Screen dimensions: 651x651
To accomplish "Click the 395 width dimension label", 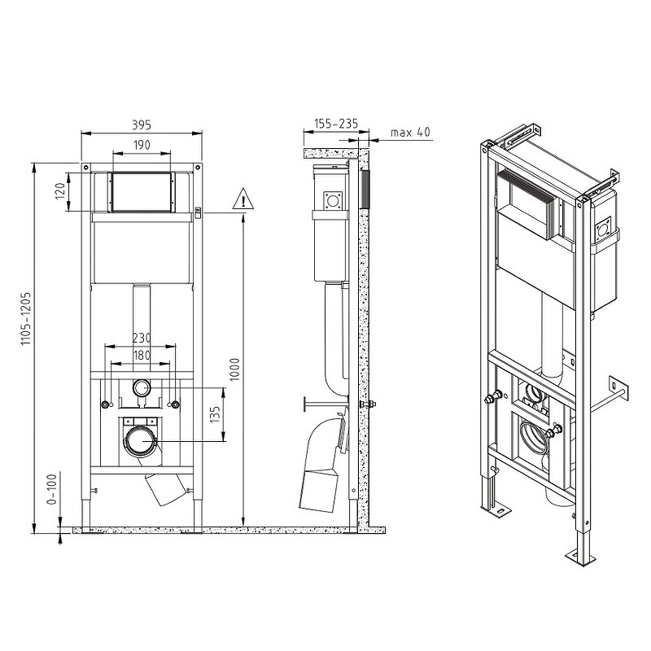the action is (142, 125).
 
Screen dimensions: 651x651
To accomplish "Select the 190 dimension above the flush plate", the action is (142, 145).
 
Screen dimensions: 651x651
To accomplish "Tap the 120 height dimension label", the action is (60, 191).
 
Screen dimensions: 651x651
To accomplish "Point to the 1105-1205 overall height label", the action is (26, 319).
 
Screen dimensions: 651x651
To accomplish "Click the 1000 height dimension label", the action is (235, 369).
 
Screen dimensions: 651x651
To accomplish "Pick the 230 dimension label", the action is (142, 338).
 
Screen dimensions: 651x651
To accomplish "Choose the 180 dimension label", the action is (142, 356).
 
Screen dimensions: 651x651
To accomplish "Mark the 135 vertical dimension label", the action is (215, 415).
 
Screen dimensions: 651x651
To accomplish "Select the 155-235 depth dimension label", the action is (336, 124).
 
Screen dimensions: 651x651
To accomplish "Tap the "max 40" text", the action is (410, 133).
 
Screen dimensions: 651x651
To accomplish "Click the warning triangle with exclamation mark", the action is (242, 199).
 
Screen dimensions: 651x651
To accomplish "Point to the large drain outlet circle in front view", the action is (141, 440).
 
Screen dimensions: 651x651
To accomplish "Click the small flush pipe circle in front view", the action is (142, 388).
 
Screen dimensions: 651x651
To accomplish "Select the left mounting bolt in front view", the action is (106, 404).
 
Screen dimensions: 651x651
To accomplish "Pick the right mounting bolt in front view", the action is (176, 404).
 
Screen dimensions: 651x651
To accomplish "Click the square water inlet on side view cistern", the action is (333, 201).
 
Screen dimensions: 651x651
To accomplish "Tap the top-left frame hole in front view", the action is (86, 168).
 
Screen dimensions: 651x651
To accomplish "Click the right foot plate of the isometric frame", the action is (580, 557).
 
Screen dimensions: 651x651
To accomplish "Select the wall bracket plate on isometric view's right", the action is (618, 389).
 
